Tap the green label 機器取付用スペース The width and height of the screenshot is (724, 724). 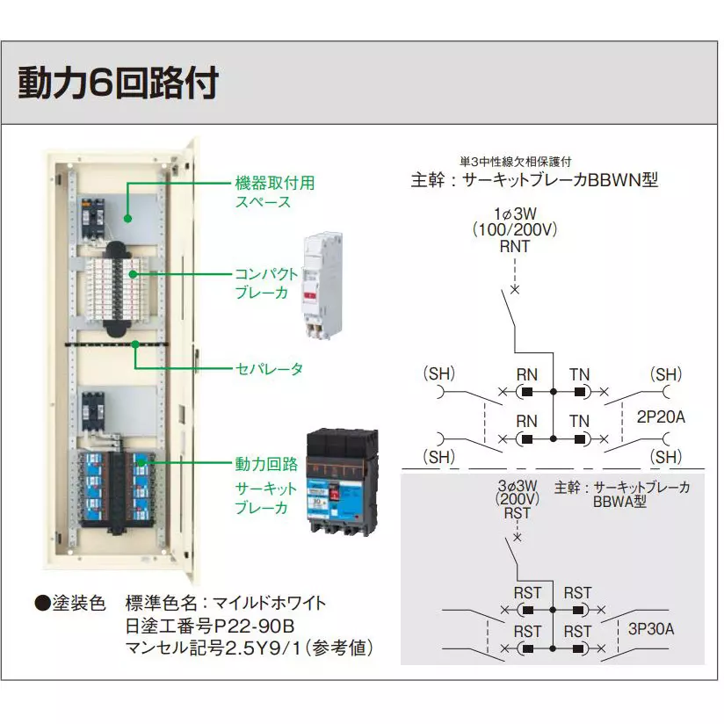[273, 192]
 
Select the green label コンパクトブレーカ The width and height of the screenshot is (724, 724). [265, 283]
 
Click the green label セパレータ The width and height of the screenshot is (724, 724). [268, 369]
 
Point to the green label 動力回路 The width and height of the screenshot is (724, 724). [265, 462]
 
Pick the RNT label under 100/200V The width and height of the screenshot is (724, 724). [514, 247]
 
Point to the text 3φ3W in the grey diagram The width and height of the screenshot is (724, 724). [516, 486]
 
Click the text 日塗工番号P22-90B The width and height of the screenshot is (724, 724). [209, 626]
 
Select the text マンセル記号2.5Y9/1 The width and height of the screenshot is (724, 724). [250, 648]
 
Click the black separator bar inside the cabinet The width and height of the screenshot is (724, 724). [112, 344]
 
